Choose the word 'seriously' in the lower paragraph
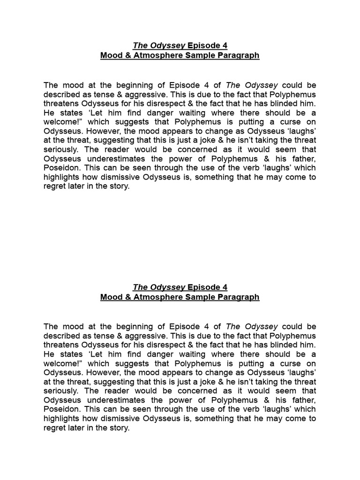[61, 391]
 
